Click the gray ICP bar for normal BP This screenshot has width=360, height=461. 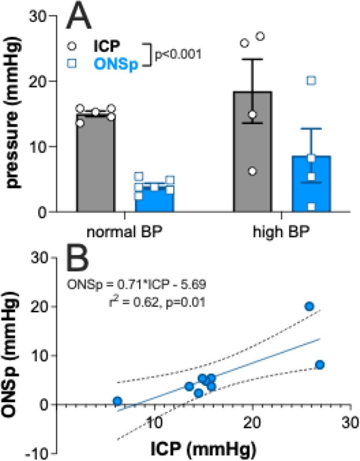(x=95, y=166)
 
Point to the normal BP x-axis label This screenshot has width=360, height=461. (x=124, y=232)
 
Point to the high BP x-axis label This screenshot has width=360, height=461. (x=281, y=232)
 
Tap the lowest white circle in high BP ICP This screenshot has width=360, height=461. (x=252, y=171)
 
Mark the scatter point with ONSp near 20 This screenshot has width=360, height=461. (x=309, y=306)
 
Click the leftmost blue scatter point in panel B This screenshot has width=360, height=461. (x=117, y=400)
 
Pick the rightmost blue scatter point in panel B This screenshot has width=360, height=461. (x=320, y=365)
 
